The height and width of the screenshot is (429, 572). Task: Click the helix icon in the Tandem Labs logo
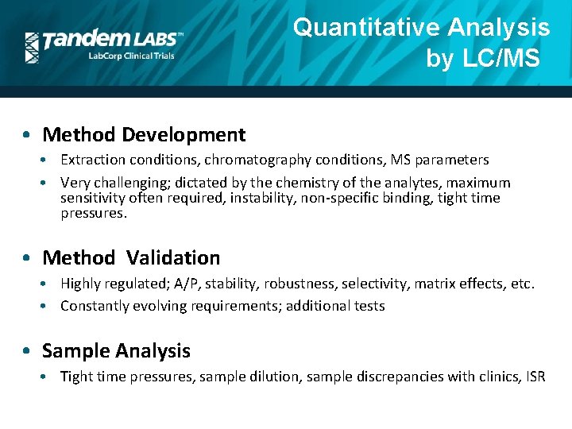coord(32,47)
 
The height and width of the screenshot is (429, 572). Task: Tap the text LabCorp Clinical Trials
coord(130,56)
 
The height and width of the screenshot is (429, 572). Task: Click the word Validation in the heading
coord(172,257)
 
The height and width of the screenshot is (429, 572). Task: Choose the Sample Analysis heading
coord(116,350)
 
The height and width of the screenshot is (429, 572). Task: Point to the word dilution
coord(309,377)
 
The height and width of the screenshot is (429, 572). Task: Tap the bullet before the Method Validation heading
coord(27,258)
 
